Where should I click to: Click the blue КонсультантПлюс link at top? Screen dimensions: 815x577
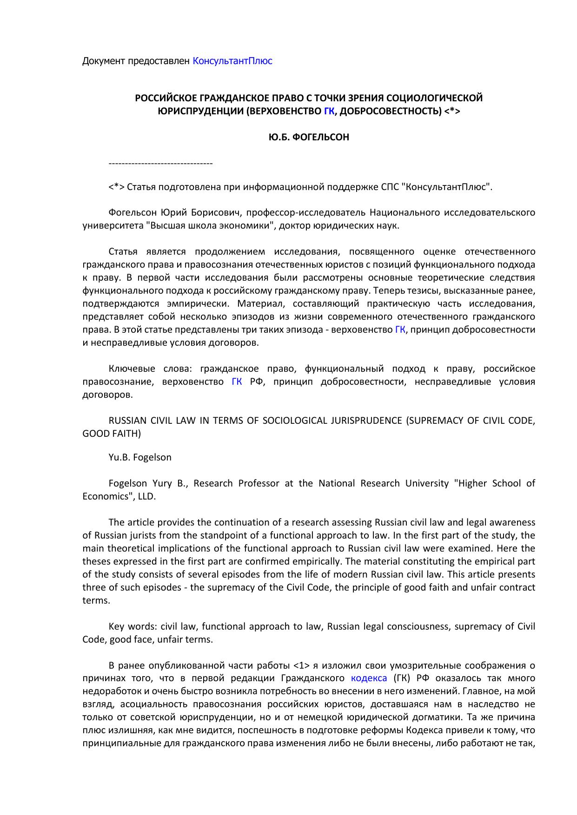232,61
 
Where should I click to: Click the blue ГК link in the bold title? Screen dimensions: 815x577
329,111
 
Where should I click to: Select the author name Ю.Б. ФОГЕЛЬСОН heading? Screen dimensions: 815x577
309,138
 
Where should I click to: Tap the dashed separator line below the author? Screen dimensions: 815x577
160,164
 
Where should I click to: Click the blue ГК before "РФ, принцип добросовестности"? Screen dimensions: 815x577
237,382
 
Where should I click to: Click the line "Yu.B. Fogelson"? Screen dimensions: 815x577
139,457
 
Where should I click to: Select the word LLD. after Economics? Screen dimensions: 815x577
147,496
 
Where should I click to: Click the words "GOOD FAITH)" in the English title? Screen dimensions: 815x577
111,434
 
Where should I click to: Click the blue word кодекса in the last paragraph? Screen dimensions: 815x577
369,678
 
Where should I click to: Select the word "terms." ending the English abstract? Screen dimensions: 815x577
96,600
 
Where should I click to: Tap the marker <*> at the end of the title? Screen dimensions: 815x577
452,111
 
